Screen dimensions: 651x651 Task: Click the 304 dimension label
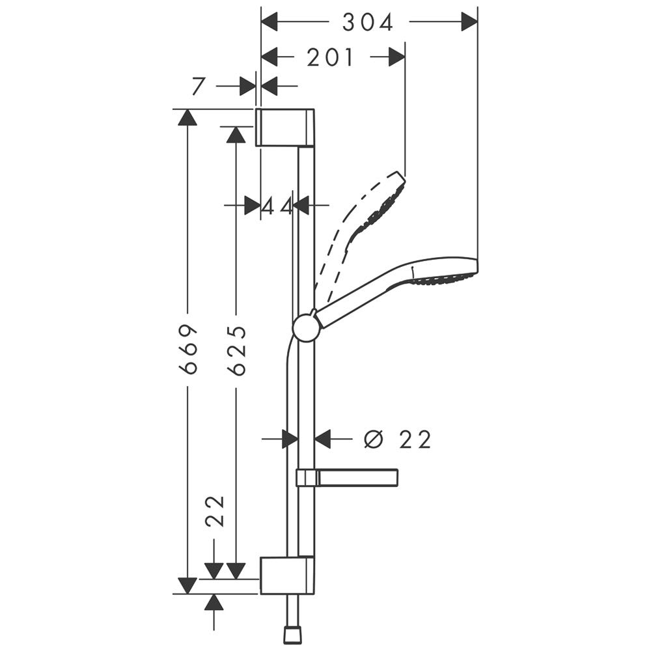click(x=368, y=23)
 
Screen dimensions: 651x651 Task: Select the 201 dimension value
click(x=331, y=58)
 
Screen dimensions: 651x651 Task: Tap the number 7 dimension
click(x=199, y=86)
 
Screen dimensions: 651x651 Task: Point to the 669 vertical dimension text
click(x=188, y=349)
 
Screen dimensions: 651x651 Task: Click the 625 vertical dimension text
click(x=237, y=350)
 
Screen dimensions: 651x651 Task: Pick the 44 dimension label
click(x=277, y=206)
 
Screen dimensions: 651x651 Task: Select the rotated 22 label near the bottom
click(x=215, y=511)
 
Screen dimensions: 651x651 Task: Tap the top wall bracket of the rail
click(x=284, y=128)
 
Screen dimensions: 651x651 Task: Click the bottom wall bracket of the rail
click(x=286, y=575)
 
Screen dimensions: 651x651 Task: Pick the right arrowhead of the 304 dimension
click(x=469, y=23)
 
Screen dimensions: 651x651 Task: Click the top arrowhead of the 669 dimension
click(x=187, y=117)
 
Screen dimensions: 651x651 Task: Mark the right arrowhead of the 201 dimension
click(x=397, y=58)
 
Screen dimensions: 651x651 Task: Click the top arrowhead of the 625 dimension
click(x=236, y=134)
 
